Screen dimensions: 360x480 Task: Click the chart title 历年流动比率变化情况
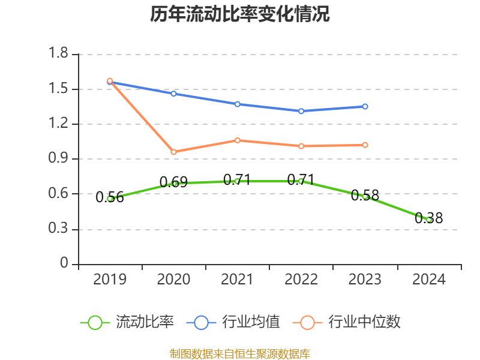click(x=240, y=14)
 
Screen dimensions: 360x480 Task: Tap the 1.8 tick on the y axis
click(x=60, y=55)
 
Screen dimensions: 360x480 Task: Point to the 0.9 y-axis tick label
click(x=60, y=159)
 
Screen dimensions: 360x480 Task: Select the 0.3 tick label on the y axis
click(x=60, y=229)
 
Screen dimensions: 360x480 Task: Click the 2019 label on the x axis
click(x=110, y=280)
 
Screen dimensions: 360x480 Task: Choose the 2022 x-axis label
click(x=301, y=280)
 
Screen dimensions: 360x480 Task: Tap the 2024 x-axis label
click(x=428, y=280)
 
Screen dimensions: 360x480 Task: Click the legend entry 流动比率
click(x=145, y=322)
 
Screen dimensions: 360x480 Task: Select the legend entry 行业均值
click(x=251, y=322)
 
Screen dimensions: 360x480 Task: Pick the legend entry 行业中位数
click(x=364, y=322)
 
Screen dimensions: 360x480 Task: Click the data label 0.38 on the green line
click(x=428, y=218)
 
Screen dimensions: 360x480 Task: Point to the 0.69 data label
click(x=173, y=182)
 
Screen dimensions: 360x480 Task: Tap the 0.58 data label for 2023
click(x=365, y=195)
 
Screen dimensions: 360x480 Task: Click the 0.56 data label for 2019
click(x=110, y=197)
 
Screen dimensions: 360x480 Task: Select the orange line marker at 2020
click(x=173, y=152)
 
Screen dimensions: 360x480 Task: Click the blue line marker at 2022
click(x=301, y=111)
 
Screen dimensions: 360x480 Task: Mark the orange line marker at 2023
click(x=365, y=145)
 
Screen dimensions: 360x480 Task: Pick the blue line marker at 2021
click(x=237, y=104)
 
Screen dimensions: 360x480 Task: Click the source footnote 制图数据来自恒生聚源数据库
click(x=240, y=353)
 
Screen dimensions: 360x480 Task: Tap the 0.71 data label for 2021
click(x=237, y=179)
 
